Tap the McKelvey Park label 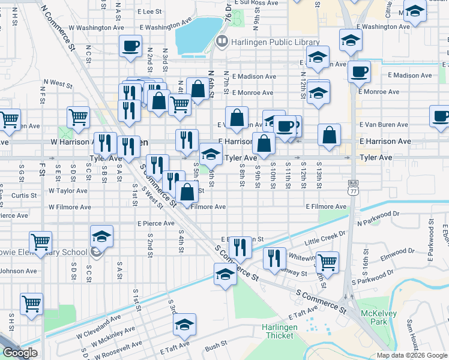376,319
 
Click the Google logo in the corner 20,353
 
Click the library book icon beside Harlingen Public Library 222,41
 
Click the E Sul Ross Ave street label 256,3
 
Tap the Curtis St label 24,196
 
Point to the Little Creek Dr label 325,238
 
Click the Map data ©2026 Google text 412,355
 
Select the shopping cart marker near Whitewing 327,262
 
